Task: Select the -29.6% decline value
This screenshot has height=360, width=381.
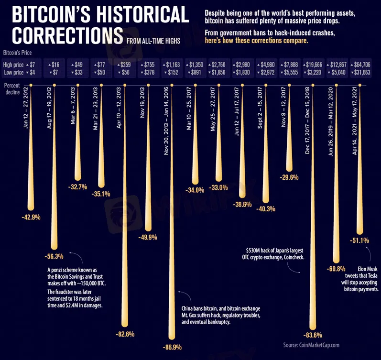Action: point(289,177)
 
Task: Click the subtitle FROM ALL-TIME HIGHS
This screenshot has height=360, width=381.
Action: point(153,41)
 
